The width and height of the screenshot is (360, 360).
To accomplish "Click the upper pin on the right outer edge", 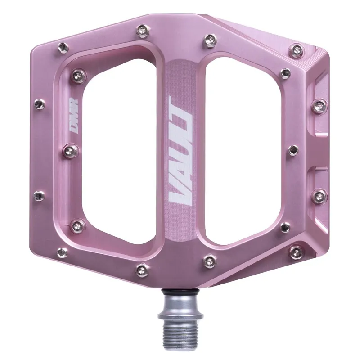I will [x=319, y=106].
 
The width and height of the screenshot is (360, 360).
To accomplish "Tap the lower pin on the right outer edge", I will [x=319, y=196].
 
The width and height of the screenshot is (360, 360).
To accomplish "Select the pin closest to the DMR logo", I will [x=72, y=148].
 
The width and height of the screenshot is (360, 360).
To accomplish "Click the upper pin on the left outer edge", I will [x=40, y=105].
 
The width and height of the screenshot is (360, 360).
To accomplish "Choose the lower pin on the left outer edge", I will [x=39, y=196].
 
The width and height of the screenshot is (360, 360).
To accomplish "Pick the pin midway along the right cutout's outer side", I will [x=292, y=150].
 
